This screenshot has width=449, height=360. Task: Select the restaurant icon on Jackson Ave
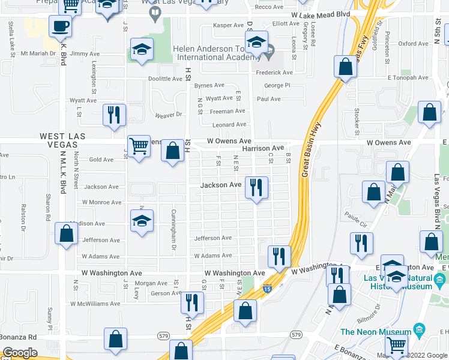[x=257, y=188]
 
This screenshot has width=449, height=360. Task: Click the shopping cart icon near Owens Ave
[x=139, y=146]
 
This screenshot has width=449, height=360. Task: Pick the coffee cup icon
[x=60, y=27]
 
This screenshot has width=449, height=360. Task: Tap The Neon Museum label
[x=375, y=332]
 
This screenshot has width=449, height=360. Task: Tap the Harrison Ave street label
[x=262, y=148]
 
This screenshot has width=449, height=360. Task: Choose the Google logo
[x=20, y=353]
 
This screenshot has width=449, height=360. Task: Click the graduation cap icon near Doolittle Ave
[x=142, y=51]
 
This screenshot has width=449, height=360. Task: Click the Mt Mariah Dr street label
[x=41, y=53]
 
